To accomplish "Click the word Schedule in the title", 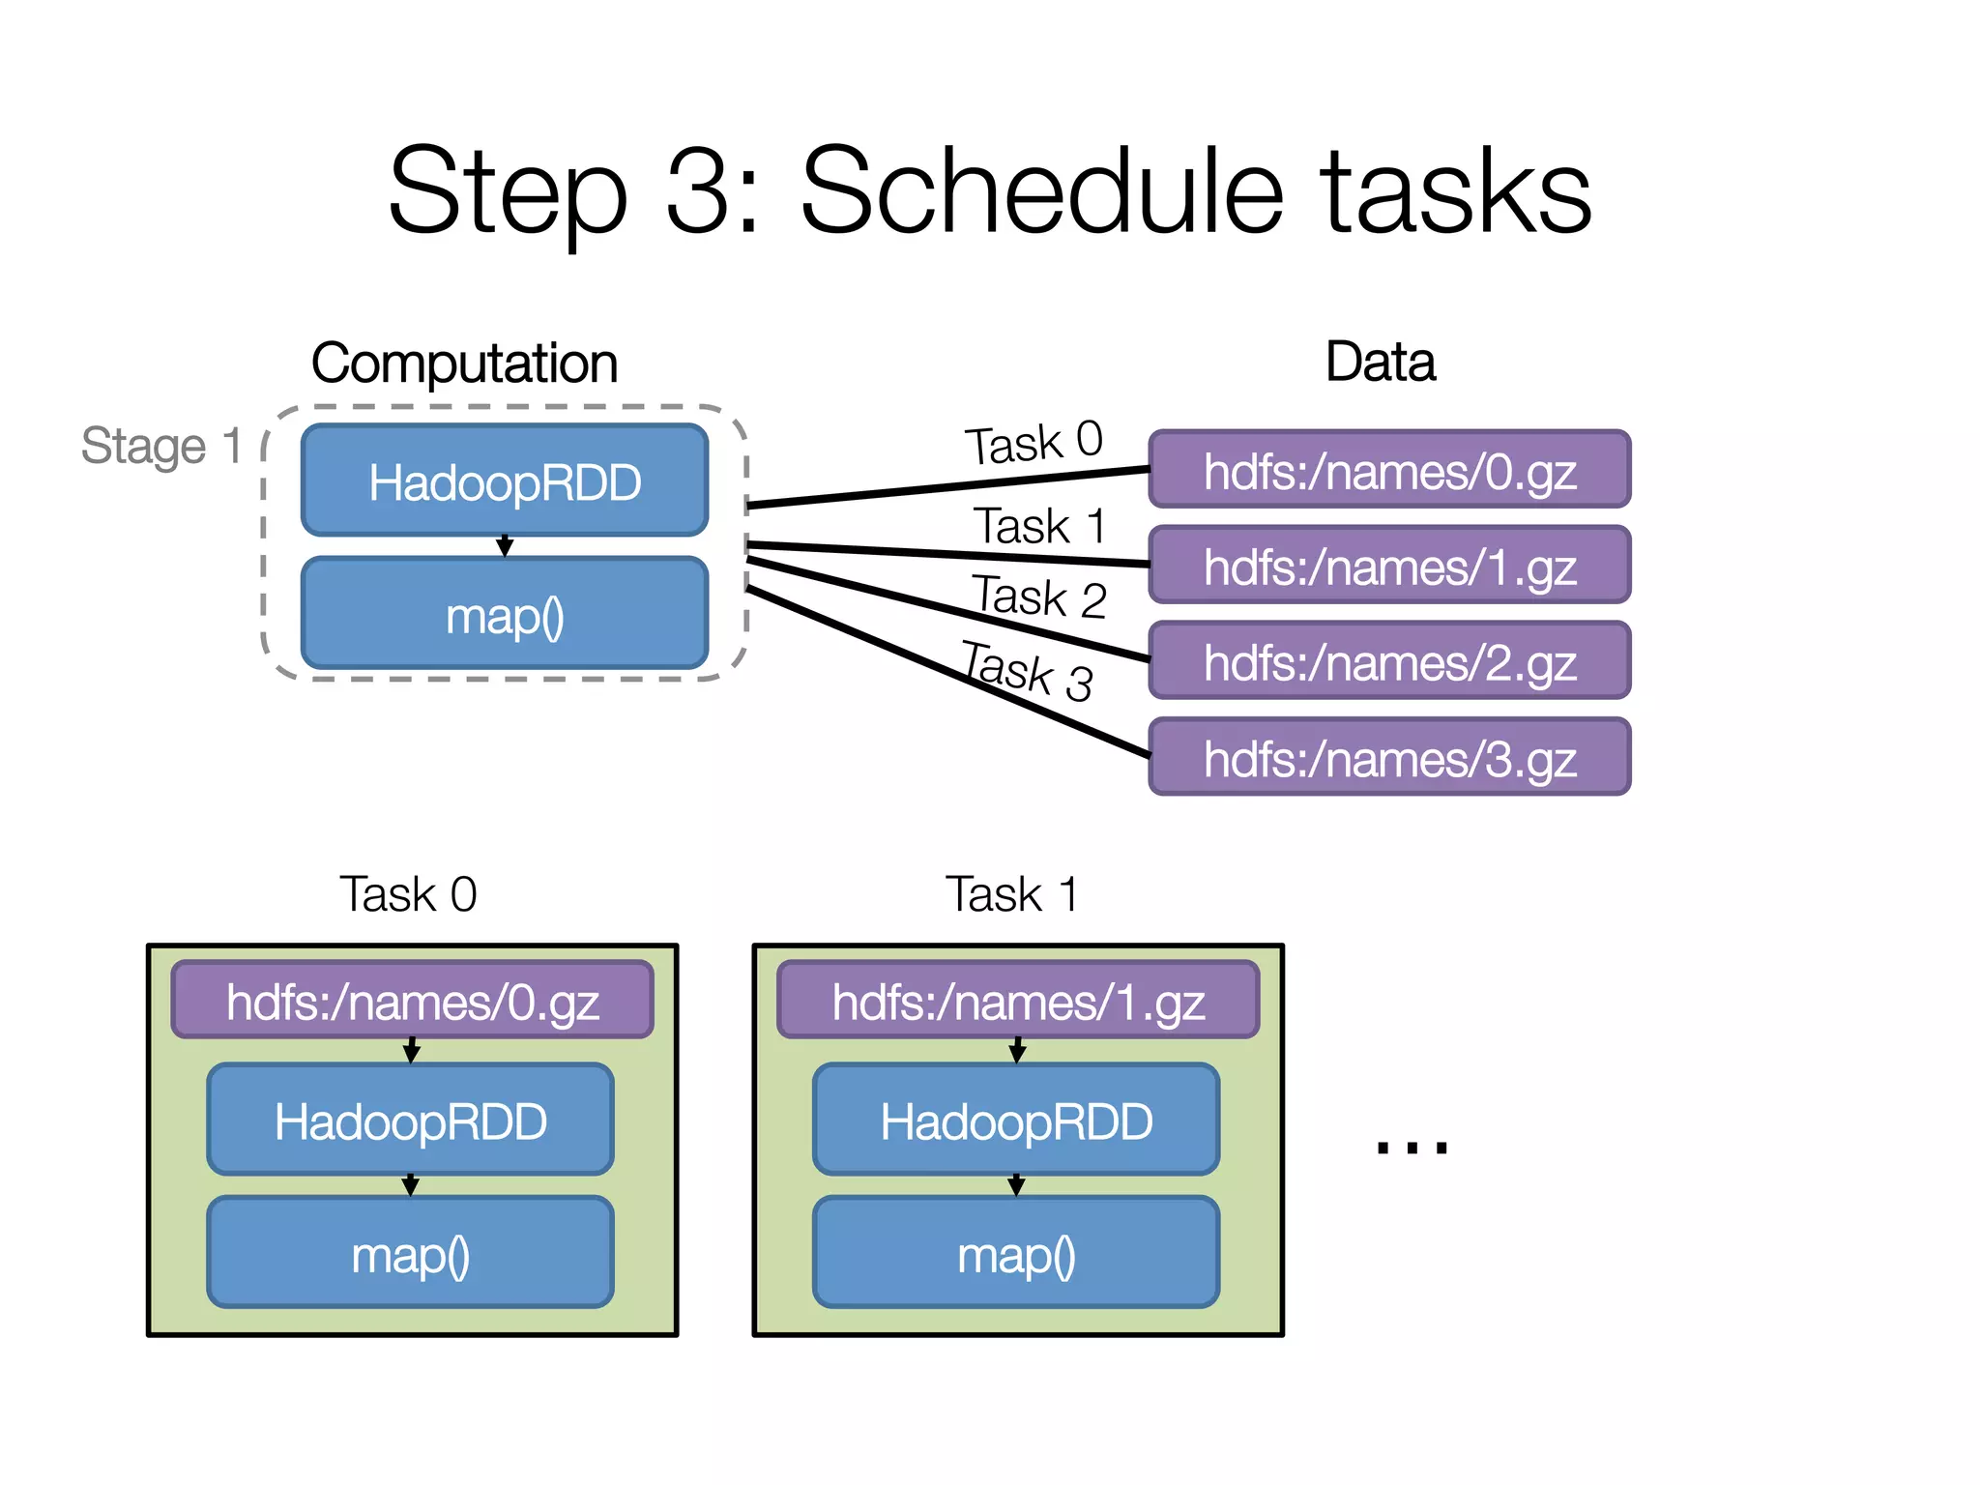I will [x=1042, y=190].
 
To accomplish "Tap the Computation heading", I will [x=464, y=364].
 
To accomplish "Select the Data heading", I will [x=1380, y=362].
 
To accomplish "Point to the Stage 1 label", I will [x=161, y=447].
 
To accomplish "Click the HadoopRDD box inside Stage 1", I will [x=505, y=481].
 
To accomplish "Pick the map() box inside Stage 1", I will [x=505, y=615].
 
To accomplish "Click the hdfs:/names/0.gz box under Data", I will [x=1389, y=471].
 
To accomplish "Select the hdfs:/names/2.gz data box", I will [x=1389, y=662].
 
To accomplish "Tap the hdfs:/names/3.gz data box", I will [x=1389, y=758].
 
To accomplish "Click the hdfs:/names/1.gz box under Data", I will [x=1389, y=567].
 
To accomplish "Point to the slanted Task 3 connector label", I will [x=1027, y=670].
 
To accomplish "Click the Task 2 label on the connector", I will [x=1038, y=596].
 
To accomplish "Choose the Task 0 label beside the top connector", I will [x=1033, y=443].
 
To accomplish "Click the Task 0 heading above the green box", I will [x=408, y=894].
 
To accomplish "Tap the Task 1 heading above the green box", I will [x=1011, y=894].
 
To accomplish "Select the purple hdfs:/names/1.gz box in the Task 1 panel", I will [x=1017, y=1002].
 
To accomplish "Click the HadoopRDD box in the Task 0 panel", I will [x=411, y=1121].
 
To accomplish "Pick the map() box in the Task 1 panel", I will [x=1016, y=1254].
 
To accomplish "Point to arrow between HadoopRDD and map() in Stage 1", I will [x=505, y=546].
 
